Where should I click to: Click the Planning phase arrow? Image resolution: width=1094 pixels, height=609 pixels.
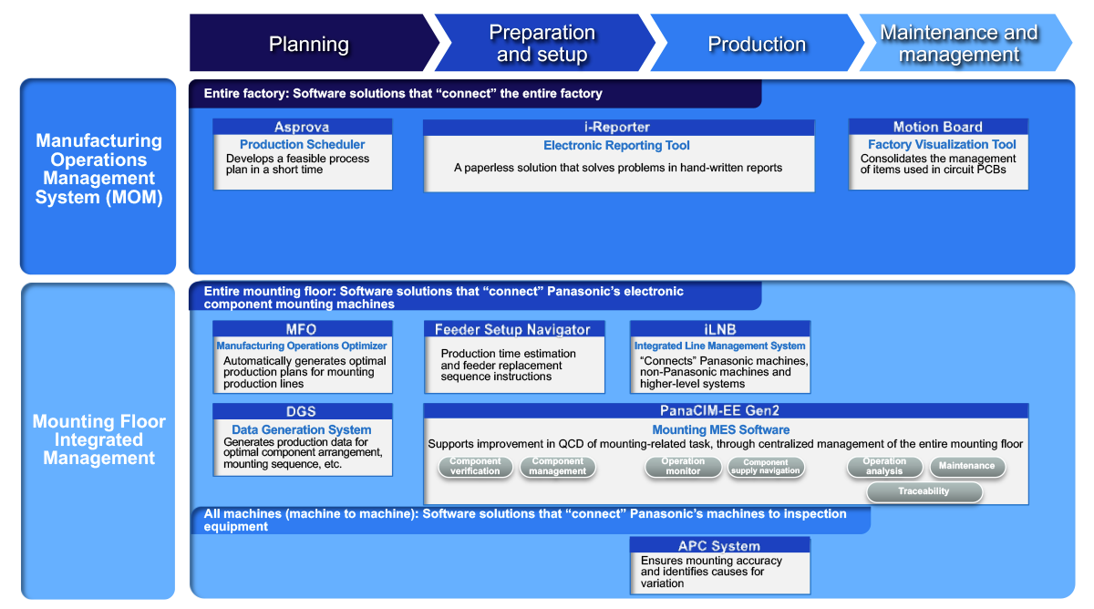click(308, 44)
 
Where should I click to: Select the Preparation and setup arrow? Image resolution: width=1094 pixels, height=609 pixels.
click(542, 44)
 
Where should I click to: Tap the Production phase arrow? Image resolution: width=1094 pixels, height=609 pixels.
click(757, 44)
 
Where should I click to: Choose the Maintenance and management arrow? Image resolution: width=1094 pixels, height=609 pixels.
click(959, 44)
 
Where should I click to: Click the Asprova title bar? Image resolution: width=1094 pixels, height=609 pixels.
click(302, 128)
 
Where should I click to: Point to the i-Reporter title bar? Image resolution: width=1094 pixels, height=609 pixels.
click(617, 128)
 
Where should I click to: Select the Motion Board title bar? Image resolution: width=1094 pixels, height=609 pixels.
click(937, 128)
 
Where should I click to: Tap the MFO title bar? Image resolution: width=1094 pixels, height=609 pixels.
click(302, 329)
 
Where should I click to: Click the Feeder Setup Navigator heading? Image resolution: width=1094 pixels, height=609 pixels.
click(512, 329)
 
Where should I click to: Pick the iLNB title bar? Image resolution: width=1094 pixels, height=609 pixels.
click(719, 329)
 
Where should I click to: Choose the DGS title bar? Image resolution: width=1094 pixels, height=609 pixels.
click(302, 412)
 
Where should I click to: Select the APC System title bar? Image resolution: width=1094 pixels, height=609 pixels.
click(719, 546)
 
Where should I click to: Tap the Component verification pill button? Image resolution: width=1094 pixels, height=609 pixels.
click(475, 467)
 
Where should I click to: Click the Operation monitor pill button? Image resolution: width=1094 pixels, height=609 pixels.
click(683, 467)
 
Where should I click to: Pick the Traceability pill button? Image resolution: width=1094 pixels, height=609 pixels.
click(924, 491)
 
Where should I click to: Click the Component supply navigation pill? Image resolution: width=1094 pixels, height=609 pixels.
click(766, 468)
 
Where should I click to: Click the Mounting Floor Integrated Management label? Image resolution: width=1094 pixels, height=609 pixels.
click(98, 439)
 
